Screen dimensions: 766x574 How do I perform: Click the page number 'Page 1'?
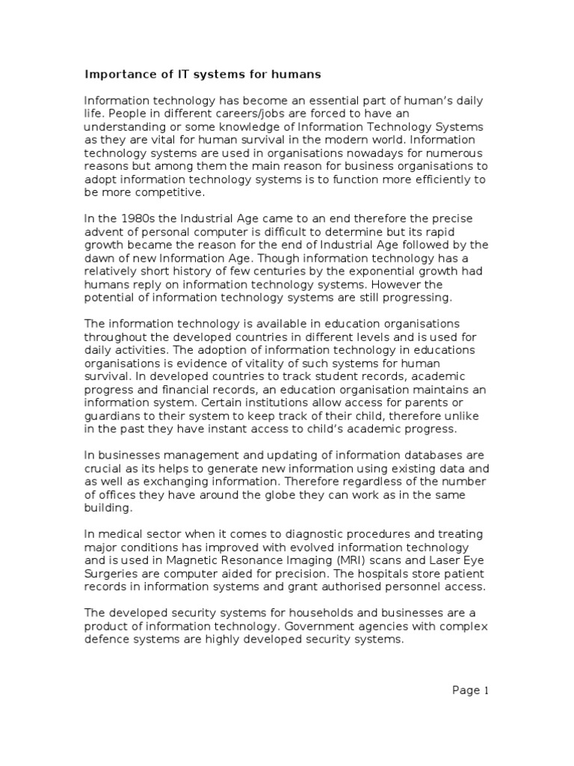click(x=471, y=690)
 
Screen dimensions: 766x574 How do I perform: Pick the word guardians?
click(x=114, y=417)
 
